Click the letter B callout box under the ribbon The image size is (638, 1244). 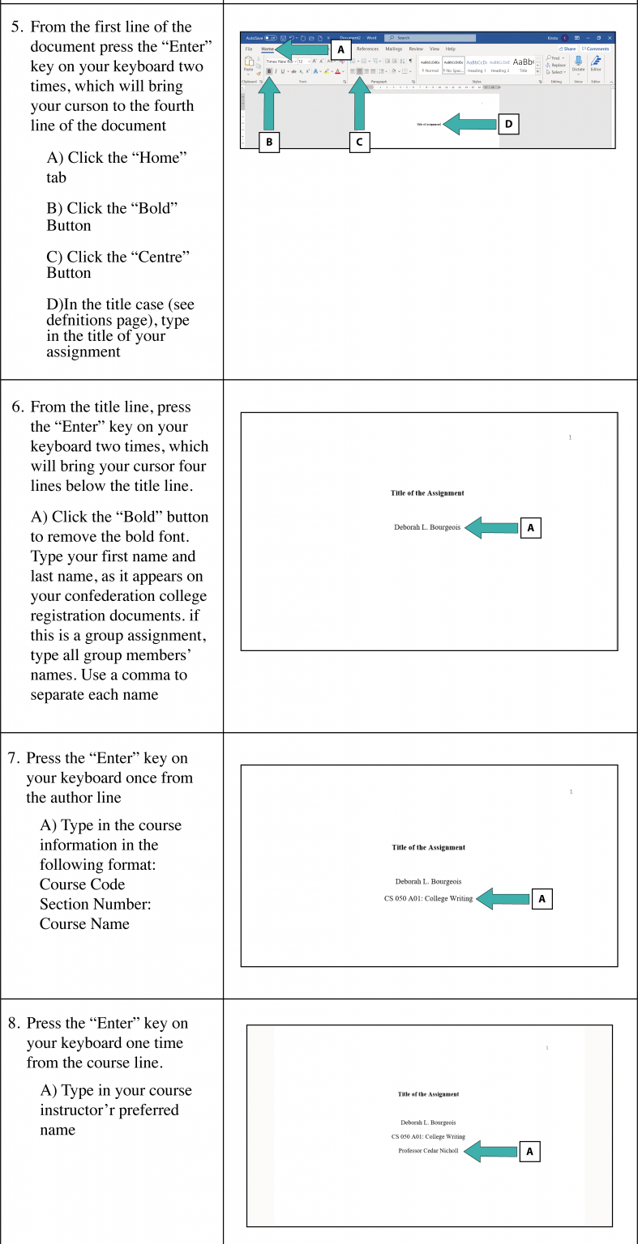[269, 143]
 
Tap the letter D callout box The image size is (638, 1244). [508, 124]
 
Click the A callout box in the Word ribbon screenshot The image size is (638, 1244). [340, 49]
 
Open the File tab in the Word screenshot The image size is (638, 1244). [249, 49]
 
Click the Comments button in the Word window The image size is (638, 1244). [597, 49]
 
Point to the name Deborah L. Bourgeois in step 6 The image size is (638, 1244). [427, 527]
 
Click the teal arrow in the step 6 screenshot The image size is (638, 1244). [491, 527]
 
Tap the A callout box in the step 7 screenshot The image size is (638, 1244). [542, 898]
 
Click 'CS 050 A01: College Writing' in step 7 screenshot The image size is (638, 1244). [428, 898]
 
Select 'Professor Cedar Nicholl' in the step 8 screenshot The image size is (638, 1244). [428, 1150]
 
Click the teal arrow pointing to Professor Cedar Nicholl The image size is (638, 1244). [489, 1151]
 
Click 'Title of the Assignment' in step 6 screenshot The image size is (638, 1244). [427, 493]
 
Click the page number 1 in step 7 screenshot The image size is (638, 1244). [571, 791]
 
